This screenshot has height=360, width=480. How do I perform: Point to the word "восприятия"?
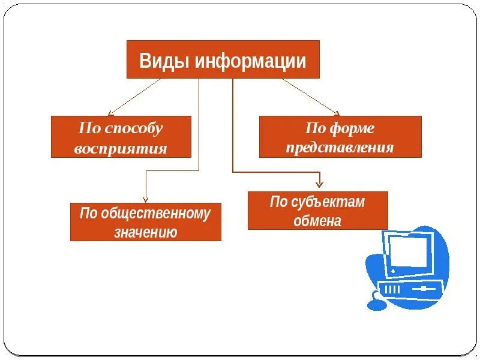click(121, 148)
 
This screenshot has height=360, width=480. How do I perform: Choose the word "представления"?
click(340, 148)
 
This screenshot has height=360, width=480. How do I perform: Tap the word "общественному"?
click(156, 214)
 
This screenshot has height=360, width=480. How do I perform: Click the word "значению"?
click(145, 232)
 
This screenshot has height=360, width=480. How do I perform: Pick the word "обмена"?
click(317, 221)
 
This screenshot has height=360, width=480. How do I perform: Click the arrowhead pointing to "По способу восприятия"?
click(110, 113)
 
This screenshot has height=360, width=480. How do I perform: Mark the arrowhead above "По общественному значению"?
click(146, 200)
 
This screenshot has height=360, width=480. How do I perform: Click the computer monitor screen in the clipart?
click(410, 250)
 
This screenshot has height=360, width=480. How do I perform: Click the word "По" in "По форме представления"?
click(315, 128)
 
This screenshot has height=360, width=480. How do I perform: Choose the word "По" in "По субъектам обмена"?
click(279, 202)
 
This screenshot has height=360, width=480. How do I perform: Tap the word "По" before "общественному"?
click(88, 214)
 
